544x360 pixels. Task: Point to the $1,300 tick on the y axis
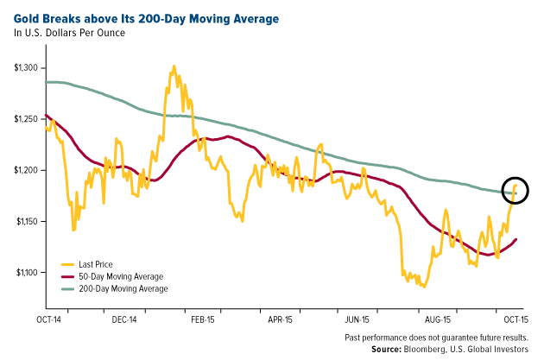click(x=28, y=68)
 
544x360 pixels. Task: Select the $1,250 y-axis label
click(x=28, y=119)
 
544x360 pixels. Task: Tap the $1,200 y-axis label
click(x=28, y=170)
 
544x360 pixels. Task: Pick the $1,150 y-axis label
click(x=28, y=222)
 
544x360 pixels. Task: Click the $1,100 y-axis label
click(x=28, y=273)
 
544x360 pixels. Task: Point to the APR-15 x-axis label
click(x=281, y=318)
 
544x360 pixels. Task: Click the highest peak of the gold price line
click(x=174, y=66)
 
